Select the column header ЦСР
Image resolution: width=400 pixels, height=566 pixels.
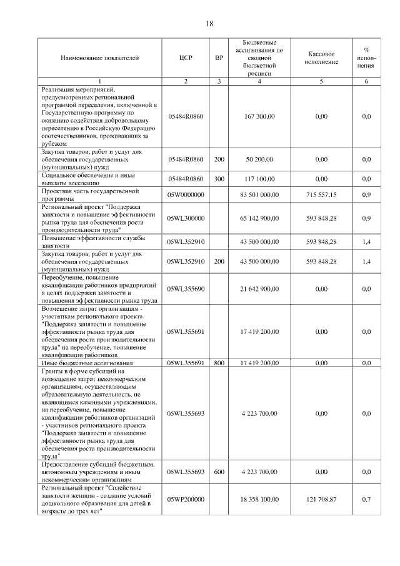[185, 58]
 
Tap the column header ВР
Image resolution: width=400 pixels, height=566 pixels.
[219, 58]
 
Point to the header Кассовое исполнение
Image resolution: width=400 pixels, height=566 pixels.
[321, 58]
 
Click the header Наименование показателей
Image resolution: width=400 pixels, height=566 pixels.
[99, 58]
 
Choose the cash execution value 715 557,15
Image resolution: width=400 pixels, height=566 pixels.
[321, 195]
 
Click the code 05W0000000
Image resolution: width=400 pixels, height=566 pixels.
[185, 195]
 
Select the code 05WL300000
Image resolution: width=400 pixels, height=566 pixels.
[185, 218]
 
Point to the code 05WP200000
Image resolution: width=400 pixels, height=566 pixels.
[185, 498]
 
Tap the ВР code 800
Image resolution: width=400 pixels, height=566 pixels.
[219, 363]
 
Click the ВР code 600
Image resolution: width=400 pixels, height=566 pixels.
[219, 472]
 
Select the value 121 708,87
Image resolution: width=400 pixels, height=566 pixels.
[321, 498]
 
